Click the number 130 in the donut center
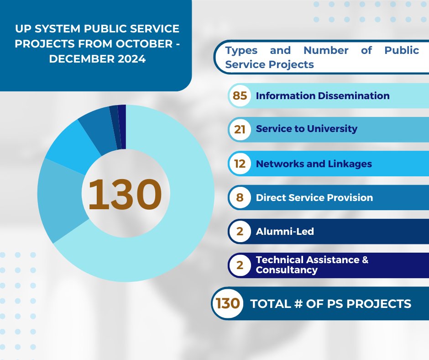[x=125, y=194]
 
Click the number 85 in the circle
[x=240, y=96]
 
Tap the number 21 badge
[x=240, y=129]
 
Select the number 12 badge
[x=240, y=164]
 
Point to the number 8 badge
[x=240, y=198]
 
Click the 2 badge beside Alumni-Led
[x=240, y=232]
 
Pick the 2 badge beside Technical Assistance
[x=240, y=265]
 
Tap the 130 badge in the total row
[x=228, y=303]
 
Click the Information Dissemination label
[x=323, y=96]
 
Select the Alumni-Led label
[x=285, y=232]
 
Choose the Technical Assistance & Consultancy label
[x=312, y=265]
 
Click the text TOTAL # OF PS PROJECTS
[x=331, y=303]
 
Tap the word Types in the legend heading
[x=241, y=50]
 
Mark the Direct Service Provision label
[x=314, y=198]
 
